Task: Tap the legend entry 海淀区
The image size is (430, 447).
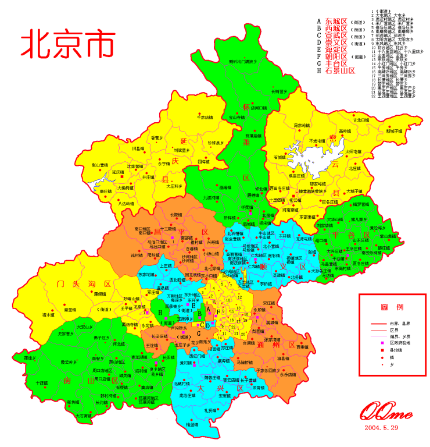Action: click(336, 49)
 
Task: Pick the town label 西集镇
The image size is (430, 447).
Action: click(302, 347)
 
